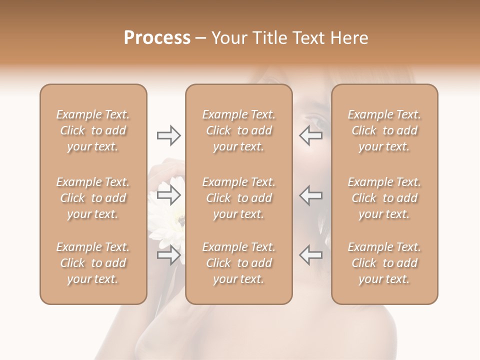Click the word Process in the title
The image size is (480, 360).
point(157,38)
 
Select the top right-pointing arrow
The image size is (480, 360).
point(169,135)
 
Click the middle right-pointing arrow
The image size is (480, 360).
point(169,195)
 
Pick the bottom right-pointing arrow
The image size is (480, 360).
point(169,255)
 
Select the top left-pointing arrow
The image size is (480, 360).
point(310,135)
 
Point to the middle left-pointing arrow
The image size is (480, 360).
point(310,195)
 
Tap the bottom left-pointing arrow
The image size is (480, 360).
point(310,255)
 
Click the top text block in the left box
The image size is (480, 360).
point(93,130)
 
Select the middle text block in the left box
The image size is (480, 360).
point(93,198)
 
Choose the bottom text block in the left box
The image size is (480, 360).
point(93,263)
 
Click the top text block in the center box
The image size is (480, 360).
point(239,130)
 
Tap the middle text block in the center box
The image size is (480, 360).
point(239,198)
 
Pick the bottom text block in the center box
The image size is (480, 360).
point(239,263)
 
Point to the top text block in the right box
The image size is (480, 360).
point(384,130)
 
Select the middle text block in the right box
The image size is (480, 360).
point(384,198)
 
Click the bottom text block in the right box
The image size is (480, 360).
point(384,263)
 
